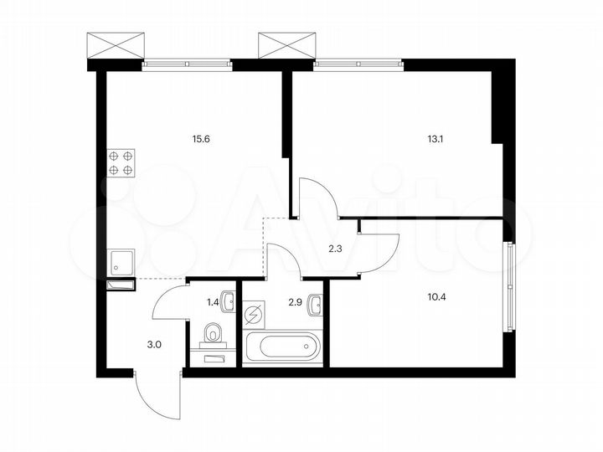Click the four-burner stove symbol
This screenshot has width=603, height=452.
coord(121,162)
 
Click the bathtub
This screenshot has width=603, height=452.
coord(281,345)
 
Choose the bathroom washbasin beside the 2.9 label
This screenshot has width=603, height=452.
coord(315,305)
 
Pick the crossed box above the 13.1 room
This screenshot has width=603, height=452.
coord(285,44)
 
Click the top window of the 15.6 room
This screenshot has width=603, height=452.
coord(186,63)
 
